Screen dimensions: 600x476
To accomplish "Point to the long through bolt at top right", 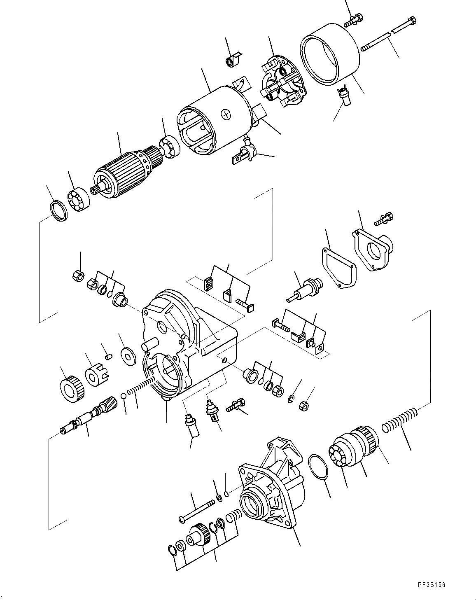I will point(387,34).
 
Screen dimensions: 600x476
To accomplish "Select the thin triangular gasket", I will point(336,268).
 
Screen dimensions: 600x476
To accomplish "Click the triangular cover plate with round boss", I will point(372,250).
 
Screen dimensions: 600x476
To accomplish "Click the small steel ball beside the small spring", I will point(123,396).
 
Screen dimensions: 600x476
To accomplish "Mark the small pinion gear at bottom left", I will point(199,538).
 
